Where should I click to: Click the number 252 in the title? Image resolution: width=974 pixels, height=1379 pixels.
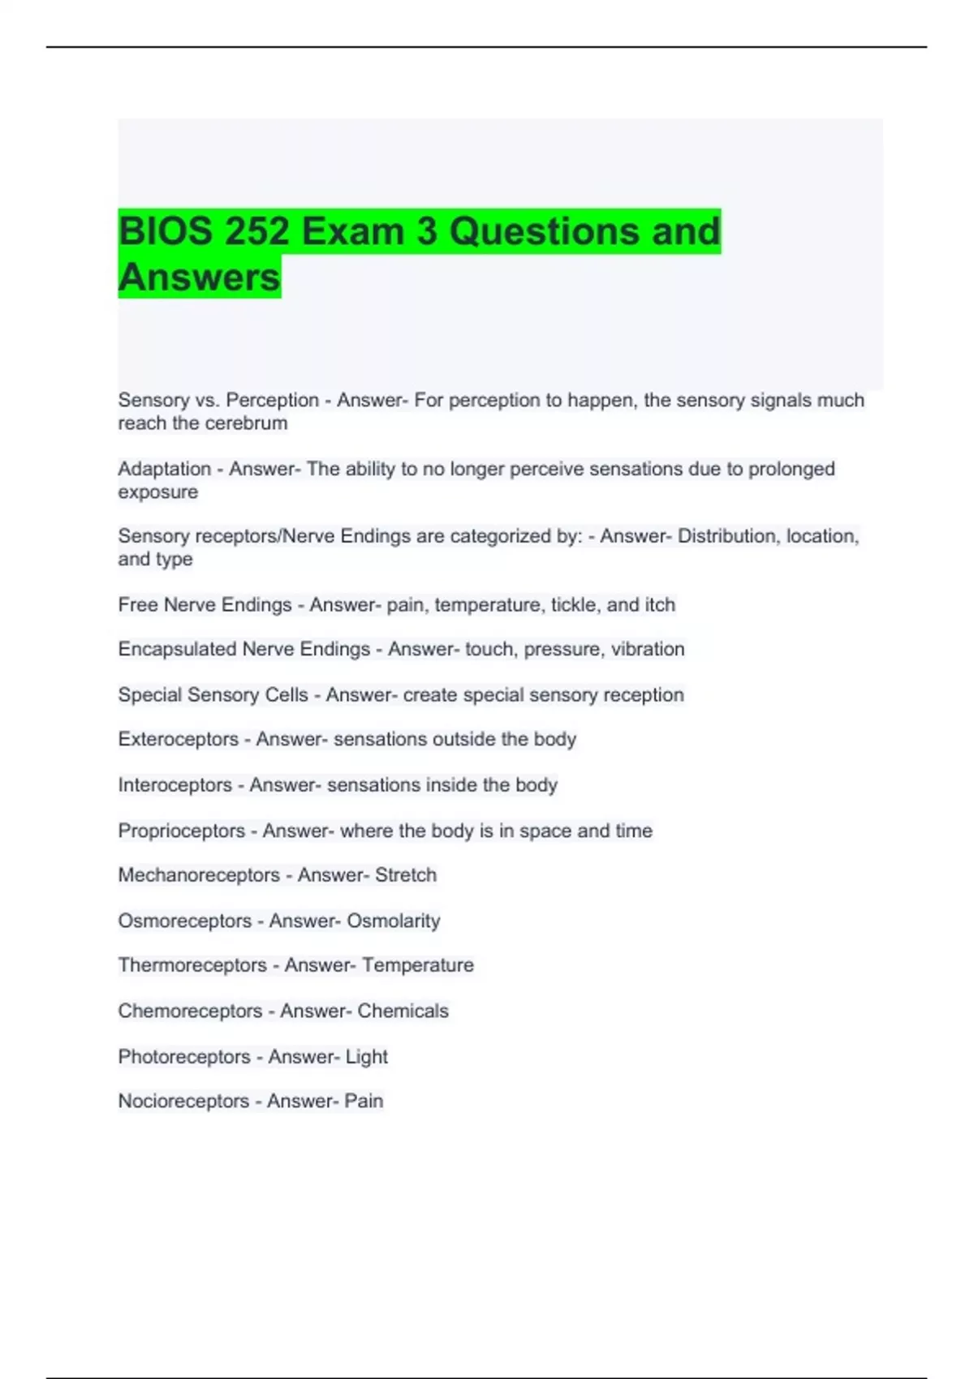pos(256,231)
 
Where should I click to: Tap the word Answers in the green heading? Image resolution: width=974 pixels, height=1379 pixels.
pos(199,277)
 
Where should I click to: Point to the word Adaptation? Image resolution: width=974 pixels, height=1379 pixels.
pos(164,469)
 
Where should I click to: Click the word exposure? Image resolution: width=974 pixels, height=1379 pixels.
pos(157,492)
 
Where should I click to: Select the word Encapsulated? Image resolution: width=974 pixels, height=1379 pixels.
pos(177,649)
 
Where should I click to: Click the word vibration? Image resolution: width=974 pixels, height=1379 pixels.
pos(647,649)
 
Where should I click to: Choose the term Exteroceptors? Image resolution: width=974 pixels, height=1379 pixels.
pos(178,740)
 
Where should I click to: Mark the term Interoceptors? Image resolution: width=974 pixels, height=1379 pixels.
pos(175,785)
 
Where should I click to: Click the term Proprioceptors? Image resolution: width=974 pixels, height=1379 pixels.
pos(181,831)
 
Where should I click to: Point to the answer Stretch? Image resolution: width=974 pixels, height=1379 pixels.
pos(405,875)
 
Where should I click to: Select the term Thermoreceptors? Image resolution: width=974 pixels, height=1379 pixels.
pos(192,965)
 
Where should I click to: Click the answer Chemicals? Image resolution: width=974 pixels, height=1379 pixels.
pos(403,1011)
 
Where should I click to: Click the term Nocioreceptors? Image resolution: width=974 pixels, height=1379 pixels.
pos(183,1101)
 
